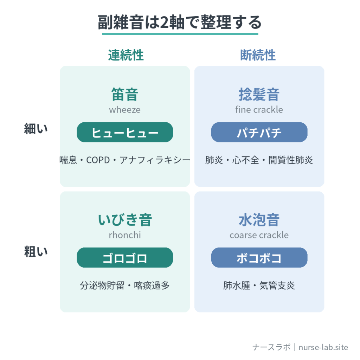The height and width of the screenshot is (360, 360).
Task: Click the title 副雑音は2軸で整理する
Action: (180, 22)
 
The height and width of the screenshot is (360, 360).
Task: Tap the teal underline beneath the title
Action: (180, 34)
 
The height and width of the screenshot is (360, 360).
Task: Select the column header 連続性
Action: (126, 55)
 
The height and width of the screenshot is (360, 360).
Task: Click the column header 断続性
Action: (258, 55)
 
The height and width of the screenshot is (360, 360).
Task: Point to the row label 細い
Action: (36, 128)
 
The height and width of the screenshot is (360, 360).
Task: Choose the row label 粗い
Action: (36, 251)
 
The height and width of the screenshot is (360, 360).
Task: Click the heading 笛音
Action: (125, 94)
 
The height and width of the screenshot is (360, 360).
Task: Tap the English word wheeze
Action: (125, 110)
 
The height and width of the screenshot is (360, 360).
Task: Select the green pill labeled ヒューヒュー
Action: (125, 132)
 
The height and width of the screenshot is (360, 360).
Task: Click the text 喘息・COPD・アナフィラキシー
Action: (125, 160)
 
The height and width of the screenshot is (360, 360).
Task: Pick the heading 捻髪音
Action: (259, 94)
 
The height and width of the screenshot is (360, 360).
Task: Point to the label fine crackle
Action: (259, 110)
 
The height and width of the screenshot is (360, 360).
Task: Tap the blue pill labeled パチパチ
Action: (259, 132)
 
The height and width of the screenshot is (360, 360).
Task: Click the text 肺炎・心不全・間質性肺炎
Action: (259, 160)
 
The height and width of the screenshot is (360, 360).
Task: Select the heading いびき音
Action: (125, 220)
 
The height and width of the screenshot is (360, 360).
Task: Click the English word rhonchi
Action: (125, 235)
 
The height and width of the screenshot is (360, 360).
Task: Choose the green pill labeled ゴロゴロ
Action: (125, 258)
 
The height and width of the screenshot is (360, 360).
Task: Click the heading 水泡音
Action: (259, 220)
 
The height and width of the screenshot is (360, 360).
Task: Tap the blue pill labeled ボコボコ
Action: (259, 258)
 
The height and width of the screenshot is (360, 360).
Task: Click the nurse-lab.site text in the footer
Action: (323, 347)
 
